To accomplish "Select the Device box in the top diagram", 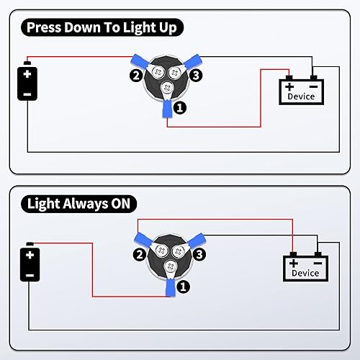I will pyautogui.click(x=301, y=91).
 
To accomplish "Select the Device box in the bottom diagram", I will pyautogui.click(x=305, y=268).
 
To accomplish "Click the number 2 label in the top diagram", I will pyautogui.click(x=135, y=74).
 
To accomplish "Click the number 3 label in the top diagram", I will pyautogui.click(x=196, y=75).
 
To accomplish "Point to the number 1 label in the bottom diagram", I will pyautogui.click(x=184, y=285).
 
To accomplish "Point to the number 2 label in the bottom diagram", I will pyautogui.click(x=138, y=255).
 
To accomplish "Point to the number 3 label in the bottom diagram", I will pyautogui.click(x=199, y=254).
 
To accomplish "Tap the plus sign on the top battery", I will pyautogui.click(x=27, y=74).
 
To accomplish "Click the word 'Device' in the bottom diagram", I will pyautogui.click(x=305, y=274).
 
